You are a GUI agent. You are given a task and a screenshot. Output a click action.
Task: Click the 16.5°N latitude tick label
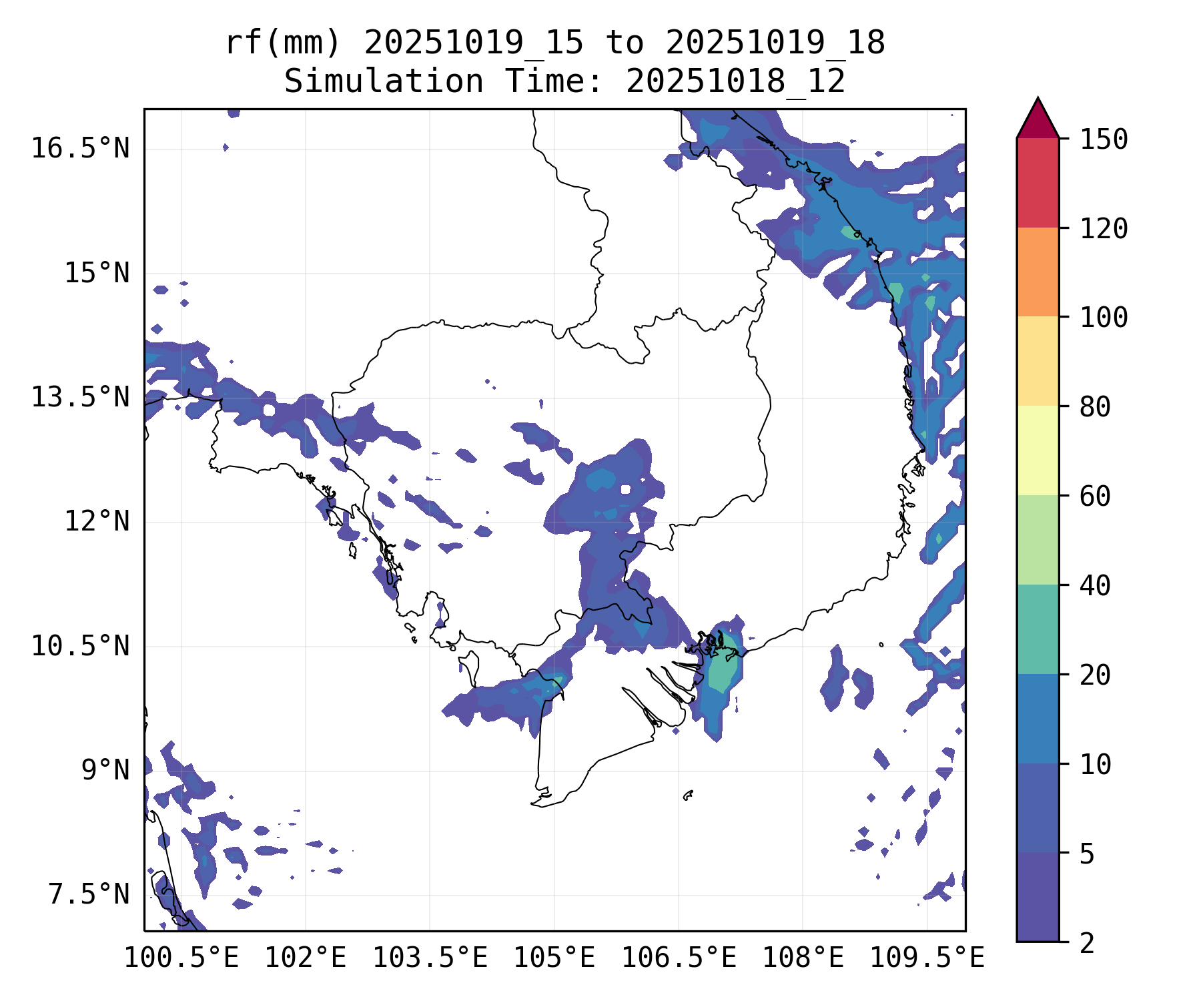pyautogui.click(x=80, y=148)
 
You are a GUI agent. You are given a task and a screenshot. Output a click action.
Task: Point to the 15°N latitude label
pyautogui.click(x=97, y=273)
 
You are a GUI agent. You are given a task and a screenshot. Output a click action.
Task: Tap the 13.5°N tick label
pyautogui.click(x=80, y=397)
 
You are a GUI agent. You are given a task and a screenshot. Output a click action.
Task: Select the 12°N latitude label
pyautogui.click(x=97, y=521)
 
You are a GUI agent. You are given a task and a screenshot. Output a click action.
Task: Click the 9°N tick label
pyautogui.click(x=105, y=770)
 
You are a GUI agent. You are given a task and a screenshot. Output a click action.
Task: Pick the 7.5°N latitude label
pyautogui.click(x=89, y=894)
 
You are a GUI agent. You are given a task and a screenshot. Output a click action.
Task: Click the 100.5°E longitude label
pyautogui.click(x=181, y=958)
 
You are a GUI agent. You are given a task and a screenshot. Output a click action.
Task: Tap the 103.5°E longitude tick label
pyautogui.click(x=430, y=958)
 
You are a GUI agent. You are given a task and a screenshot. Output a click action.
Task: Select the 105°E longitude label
pyautogui.click(x=554, y=958)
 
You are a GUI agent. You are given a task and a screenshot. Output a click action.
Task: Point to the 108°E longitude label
pyautogui.click(x=803, y=958)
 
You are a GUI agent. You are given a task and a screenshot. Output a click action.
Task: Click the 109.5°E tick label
pyautogui.click(x=927, y=958)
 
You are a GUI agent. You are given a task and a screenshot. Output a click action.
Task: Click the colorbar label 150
pyautogui.click(x=1104, y=140)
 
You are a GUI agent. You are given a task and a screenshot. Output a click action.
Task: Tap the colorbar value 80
pyautogui.click(x=1095, y=407)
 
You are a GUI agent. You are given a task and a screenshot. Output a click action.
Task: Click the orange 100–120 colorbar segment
pyautogui.click(x=1038, y=272)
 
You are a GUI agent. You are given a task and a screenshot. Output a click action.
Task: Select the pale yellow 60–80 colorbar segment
pyautogui.click(x=1038, y=450)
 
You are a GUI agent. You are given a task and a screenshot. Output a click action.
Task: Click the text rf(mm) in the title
pyautogui.click(x=283, y=43)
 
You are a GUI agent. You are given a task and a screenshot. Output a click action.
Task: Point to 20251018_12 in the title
pyautogui.click(x=735, y=82)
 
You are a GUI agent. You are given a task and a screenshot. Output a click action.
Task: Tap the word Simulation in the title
pyautogui.click(x=384, y=82)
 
